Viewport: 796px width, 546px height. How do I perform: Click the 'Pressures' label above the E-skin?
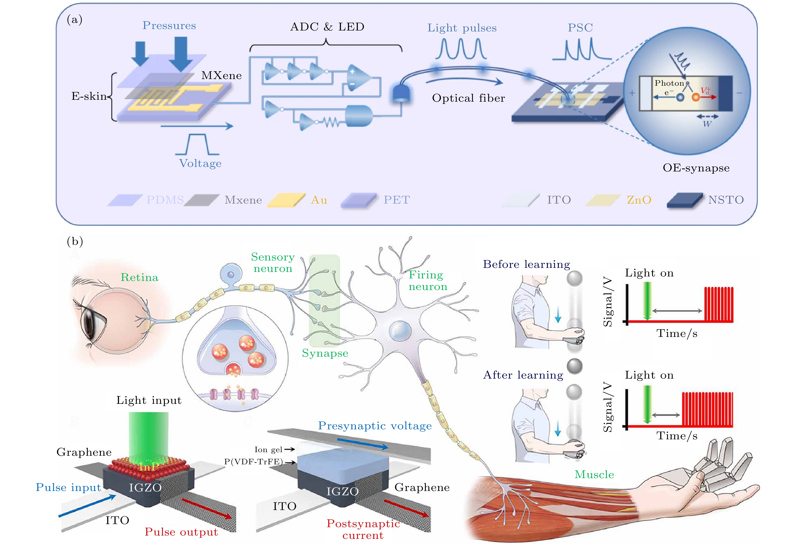pyautogui.click(x=169, y=26)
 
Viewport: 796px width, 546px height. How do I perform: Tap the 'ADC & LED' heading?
pyautogui.click(x=327, y=27)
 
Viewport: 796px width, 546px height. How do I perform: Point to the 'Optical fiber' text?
pyautogui.click(x=468, y=98)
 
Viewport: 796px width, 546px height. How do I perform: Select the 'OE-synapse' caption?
pyautogui.click(x=696, y=168)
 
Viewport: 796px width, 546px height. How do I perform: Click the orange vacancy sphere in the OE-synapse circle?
pyautogui.click(x=696, y=97)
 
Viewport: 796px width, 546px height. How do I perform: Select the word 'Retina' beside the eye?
pyautogui.click(x=139, y=277)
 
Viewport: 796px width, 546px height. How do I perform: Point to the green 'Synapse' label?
pyautogui.click(x=325, y=353)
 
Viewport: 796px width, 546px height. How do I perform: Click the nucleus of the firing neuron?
pyautogui.click(x=400, y=331)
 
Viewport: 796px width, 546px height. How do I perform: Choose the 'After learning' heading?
pyautogui.click(x=523, y=375)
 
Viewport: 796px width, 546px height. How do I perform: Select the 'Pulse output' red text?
pyautogui.click(x=181, y=532)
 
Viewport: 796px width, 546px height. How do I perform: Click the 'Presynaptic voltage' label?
pyautogui.click(x=375, y=426)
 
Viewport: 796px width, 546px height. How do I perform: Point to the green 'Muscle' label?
pyautogui.click(x=594, y=474)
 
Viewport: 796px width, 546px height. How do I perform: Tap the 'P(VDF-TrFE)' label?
pyautogui.click(x=253, y=462)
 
